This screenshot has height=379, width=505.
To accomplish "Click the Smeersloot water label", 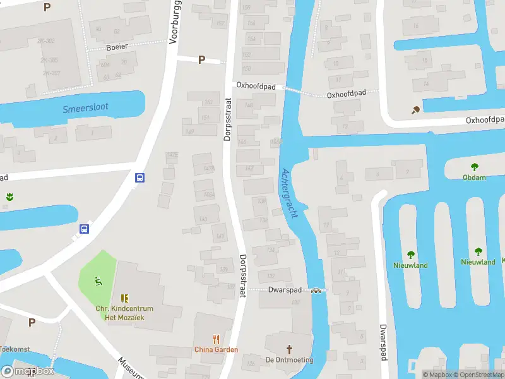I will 85,108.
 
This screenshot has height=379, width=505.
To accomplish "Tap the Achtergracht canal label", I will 289,193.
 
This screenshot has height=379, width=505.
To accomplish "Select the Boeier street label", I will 117,47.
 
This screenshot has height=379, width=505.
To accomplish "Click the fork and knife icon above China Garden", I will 216,339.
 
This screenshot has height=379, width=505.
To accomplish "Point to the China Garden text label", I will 216,350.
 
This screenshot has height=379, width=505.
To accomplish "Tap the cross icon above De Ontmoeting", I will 290,349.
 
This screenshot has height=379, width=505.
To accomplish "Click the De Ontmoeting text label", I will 290,360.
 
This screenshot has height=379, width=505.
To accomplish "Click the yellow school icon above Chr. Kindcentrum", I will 124,298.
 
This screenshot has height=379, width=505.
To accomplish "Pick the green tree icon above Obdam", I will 474,167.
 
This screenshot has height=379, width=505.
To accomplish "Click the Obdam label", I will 474,177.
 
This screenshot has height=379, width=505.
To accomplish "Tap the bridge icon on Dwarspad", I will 316,291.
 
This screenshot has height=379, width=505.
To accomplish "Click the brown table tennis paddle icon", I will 415,111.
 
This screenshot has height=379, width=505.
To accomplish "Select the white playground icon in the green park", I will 97,280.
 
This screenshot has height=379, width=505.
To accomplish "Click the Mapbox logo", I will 28,371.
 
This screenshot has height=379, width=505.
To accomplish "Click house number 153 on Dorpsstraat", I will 208,102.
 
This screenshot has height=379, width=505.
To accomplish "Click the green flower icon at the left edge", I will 9,195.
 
